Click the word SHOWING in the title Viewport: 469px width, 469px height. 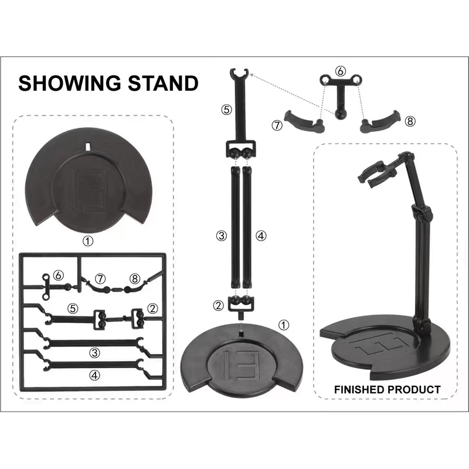[x=70, y=83]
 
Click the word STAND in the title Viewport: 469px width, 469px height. [x=164, y=83]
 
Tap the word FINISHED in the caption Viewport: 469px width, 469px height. [x=359, y=389]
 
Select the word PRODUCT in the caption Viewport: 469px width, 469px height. [x=414, y=389]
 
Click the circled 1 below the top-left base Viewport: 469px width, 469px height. [x=87, y=241]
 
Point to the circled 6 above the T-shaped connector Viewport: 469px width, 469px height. [x=341, y=71]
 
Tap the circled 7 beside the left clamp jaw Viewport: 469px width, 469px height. [x=277, y=125]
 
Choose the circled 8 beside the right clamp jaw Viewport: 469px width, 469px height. [x=410, y=121]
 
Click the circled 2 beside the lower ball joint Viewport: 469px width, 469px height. [x=218, y=305]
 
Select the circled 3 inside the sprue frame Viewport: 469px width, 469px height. [x=95, y=353]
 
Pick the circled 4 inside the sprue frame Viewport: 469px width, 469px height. [x=95, y=375]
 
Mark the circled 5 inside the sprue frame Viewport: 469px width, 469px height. [x=73, y=308]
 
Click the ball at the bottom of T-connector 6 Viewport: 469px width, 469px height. [x=341, y=114]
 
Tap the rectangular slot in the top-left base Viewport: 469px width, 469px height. [x=88, y=145]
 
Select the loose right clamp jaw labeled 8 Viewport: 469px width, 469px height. [x=380, y=121]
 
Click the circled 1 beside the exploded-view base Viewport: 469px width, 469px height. [x=284, y=325]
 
